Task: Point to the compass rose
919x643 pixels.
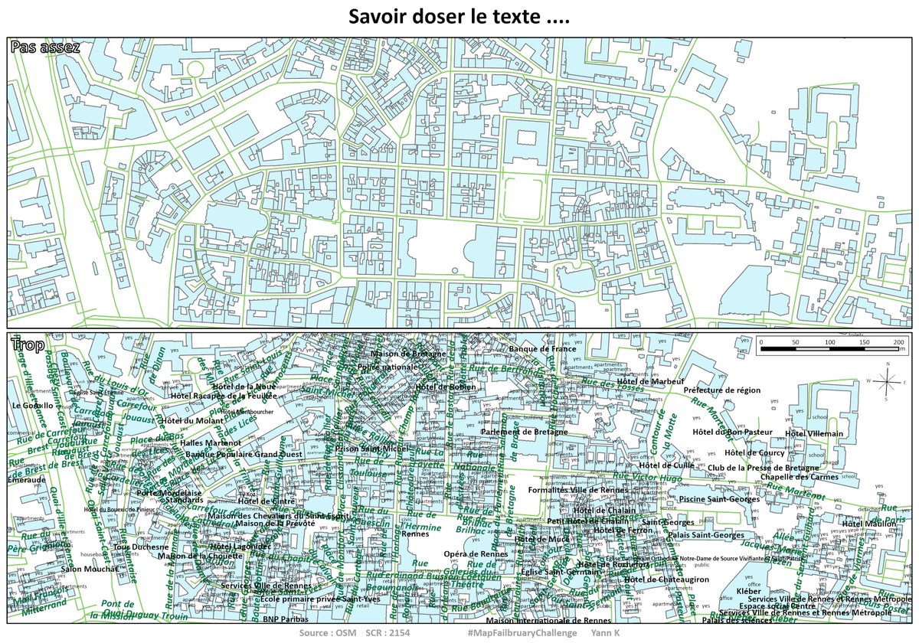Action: [x=886, y=380]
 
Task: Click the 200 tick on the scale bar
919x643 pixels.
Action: [x=900, y=341]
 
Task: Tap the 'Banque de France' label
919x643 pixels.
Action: [x=542, y=349]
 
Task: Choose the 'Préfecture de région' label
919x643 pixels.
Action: [x=722, y=390]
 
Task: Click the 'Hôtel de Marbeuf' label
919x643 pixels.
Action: [x=650, y=381]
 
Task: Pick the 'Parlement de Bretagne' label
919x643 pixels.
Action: [x=525, y=432]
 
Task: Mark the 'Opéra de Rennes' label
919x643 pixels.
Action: [x=475, y=553]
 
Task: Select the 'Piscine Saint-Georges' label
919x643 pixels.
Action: [x=719, y=499]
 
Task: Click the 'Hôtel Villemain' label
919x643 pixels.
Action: [x=814, y=433]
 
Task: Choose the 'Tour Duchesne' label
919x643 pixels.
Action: [x=141, y=547]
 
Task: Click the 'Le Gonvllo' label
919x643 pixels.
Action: [x=33, y=405]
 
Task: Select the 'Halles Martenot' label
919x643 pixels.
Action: [x=211, y=442]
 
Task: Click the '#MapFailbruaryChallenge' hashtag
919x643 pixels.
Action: [x=521, y=634]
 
